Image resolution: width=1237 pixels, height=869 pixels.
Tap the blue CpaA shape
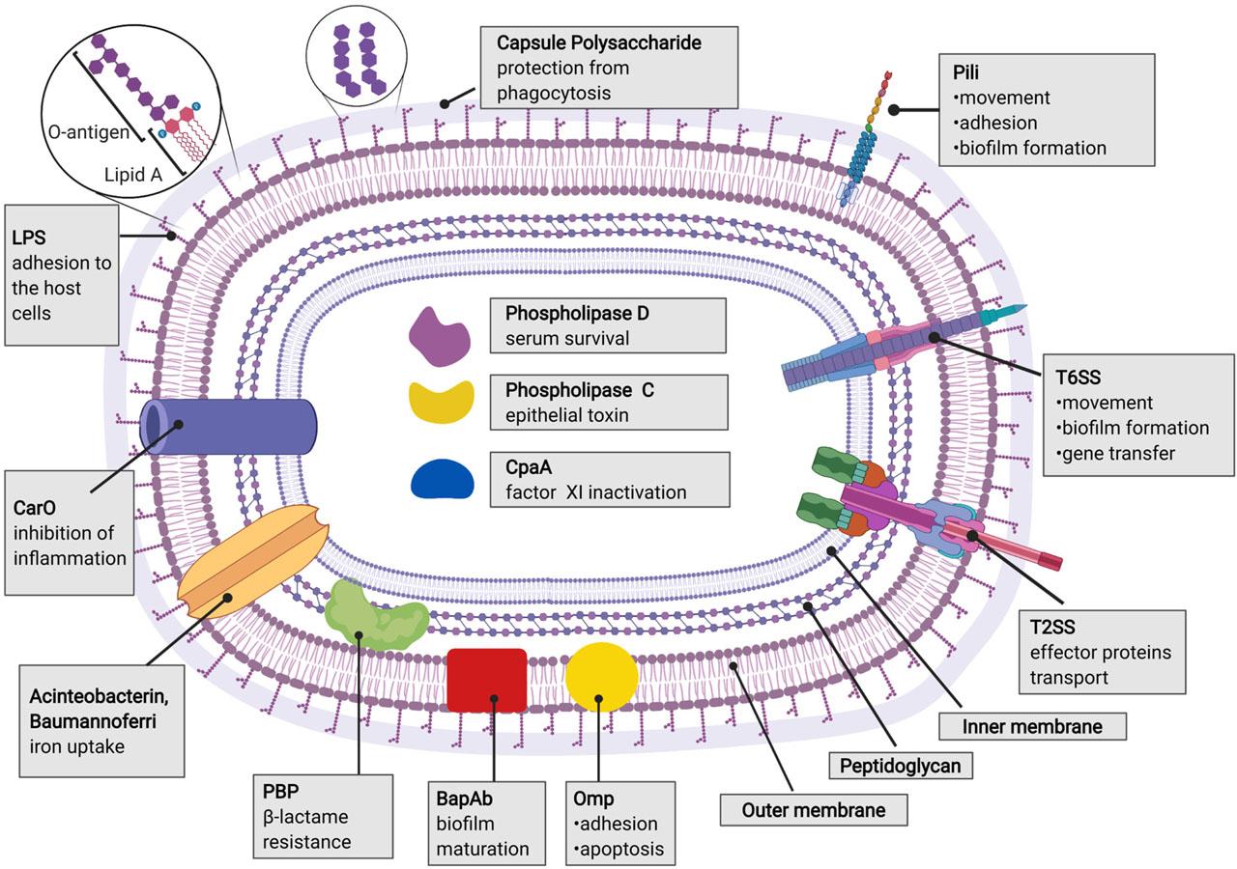[x=442, y=478]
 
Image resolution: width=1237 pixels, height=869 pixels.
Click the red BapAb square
[x=487, y=681]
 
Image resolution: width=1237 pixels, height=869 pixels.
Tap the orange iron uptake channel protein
[x=253, y=571]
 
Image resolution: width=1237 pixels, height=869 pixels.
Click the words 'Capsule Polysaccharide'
[x=598, y=43]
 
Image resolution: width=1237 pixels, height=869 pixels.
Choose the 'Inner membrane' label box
[x=1033, y=726]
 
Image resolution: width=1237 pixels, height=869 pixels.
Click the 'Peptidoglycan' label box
[x=900, y=767]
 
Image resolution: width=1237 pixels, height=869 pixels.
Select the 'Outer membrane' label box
[x=814, y=809]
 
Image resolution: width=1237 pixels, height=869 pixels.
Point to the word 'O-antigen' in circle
[x=87, y=132]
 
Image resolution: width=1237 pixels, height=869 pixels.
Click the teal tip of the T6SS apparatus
[x=1006, y=314]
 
